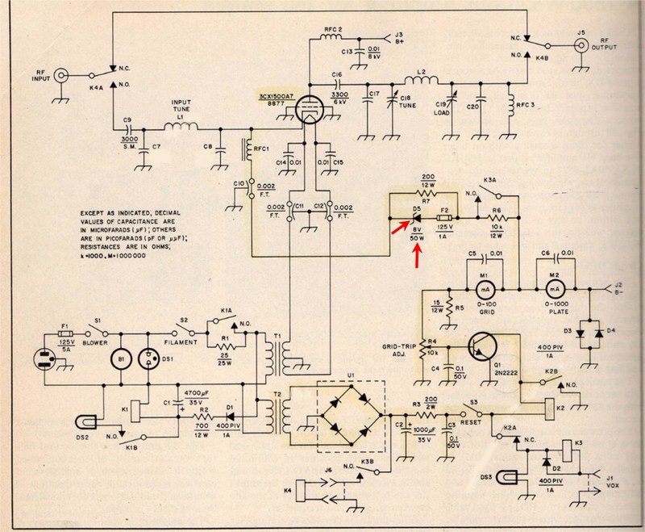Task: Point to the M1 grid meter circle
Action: coord(485,288)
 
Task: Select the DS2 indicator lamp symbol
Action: coord(87,423)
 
